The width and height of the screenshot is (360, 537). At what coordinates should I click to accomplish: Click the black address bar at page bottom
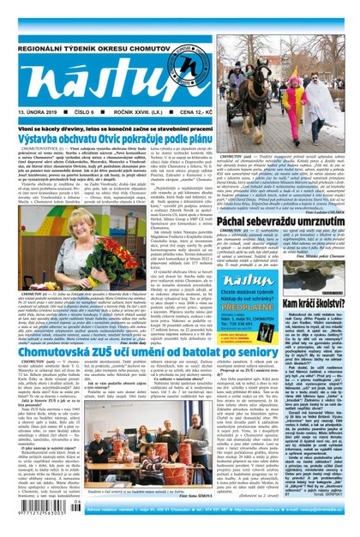click(x=206, y=523)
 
